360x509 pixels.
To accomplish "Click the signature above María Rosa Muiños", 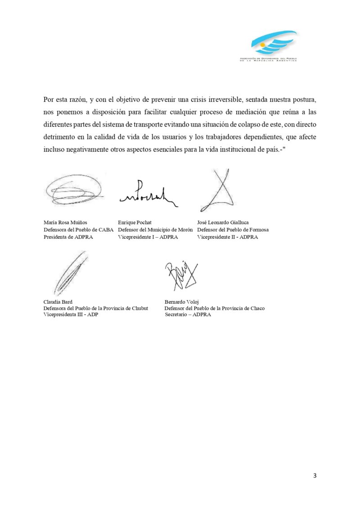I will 72,190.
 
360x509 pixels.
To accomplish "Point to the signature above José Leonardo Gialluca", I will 218,191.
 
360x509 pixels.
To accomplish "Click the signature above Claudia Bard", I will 69,272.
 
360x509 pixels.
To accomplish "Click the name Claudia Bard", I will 58,302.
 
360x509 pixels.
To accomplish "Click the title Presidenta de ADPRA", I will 68,237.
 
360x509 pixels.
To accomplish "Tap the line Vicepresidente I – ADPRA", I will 148,237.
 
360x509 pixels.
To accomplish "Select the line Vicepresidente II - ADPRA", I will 228,237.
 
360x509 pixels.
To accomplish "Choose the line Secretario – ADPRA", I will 188,315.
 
